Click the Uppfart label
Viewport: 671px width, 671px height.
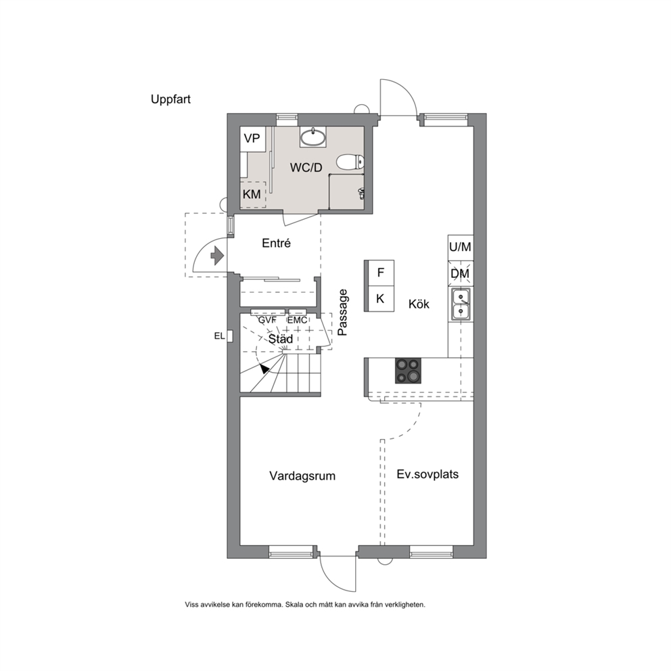pyautogui.click(x=170, y=99)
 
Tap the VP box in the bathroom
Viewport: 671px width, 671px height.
pyautogui.click(x=252, y=139)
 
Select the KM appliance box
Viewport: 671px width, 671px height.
pyautogui.click(x=252, y=195)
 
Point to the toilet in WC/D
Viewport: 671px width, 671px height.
pyautogui.click(x=350, y=162)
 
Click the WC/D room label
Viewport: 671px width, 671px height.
pyautogui.click(x=306, y=167)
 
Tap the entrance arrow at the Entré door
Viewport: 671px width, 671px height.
pyautogui.click(x=217, y=256)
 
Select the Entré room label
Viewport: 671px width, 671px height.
pyautogui.click(x=276, y=243)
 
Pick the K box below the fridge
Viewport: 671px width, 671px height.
pyautogui.click(x=380, y=298)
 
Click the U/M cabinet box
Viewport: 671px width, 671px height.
pyautogui.click(x=461, y=247)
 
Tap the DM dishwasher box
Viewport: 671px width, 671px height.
pyautogui.click(x=461, y=273)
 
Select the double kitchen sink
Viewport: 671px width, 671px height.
pyautogui.click(x=461, y=304)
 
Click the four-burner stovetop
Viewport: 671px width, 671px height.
pyautogui.click(x=408, y=370)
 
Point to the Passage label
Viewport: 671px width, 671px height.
pyautogui.click(x=342, y=313)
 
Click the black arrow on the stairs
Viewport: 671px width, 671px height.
pyautogui.click(x=264, y=368)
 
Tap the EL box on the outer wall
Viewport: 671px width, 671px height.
pyautogui.click(x=230, y=336)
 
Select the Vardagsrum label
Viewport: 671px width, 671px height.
pyautogui.click(x=302, y=476)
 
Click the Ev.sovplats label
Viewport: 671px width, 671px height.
pyautogui.click(x=427, y=474)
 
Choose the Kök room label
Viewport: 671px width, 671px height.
pyautogui.click(x=419, y=304)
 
